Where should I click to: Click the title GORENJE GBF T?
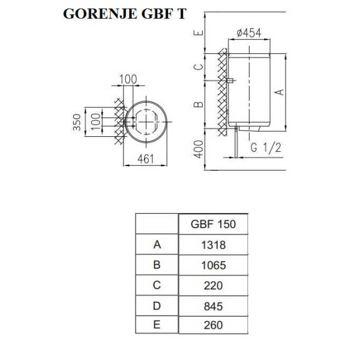point(124,14)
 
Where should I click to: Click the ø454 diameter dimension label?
point(249,33)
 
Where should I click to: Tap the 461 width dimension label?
point(146,159)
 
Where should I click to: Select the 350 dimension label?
point(77,122)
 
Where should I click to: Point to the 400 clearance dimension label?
point(199,149)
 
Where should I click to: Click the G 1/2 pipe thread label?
point(266,148)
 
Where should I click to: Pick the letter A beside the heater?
point(280,92)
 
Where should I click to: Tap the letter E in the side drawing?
point(199,32)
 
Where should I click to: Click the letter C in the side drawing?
point(199,67)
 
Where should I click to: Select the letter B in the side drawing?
point(199,104)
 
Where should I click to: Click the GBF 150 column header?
point(213,224)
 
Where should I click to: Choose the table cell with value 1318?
point(213,245)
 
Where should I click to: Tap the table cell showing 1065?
point(213,265)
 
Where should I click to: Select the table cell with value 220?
point(213,286)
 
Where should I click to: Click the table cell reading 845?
point(213,306)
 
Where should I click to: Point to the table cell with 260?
point(213,325)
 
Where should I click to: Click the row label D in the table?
point(157,306)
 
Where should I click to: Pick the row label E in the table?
point(157,325)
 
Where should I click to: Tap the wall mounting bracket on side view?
point(230,80)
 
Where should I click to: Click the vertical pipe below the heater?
point(236,142)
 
